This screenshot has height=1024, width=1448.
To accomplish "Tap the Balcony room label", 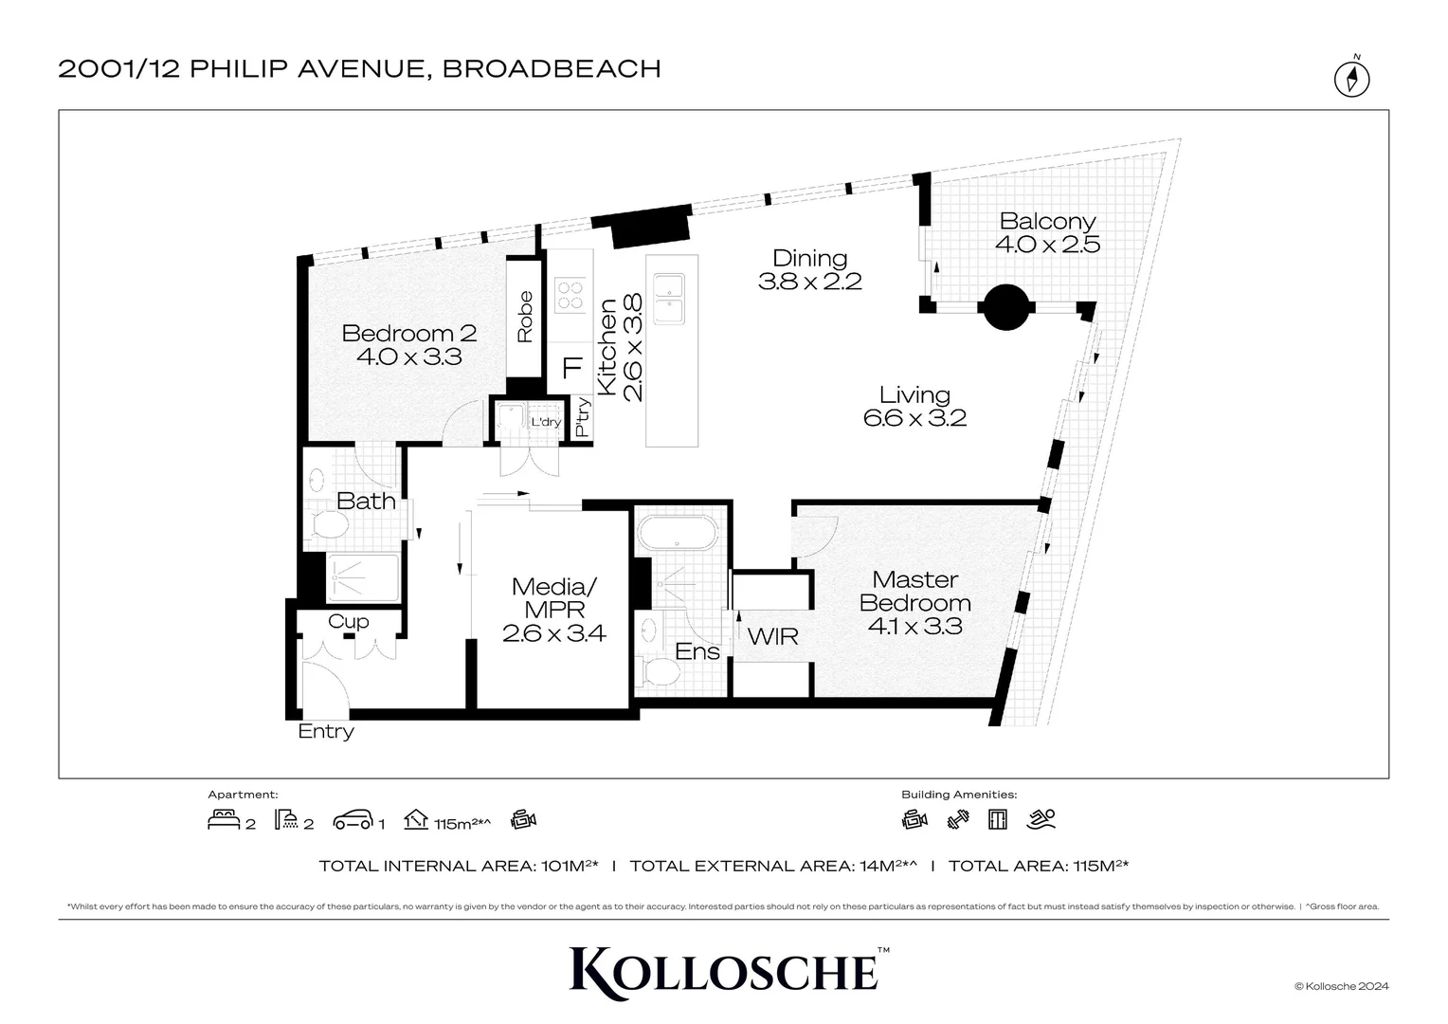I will [x=1047, y=232].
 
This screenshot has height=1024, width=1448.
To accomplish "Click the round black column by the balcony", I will [x=1005, y=307].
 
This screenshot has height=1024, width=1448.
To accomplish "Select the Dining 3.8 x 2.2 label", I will [x=809, y=269].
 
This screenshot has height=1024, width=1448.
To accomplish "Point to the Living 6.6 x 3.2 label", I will [x=914, y=406].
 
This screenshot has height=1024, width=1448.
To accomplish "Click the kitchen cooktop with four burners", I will [x=570, y=295].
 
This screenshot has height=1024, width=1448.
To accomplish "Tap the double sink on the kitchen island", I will [x=671, y=298].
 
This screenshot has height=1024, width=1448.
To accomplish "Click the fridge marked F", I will [x=571, y=368].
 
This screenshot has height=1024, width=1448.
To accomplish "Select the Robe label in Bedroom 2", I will [x=524, y=317].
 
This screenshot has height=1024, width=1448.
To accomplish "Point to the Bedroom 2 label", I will [x=408, y=344].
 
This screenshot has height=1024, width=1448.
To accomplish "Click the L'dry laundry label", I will [x=546, y=422].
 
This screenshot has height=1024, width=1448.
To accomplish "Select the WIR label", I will [x=772, y=636].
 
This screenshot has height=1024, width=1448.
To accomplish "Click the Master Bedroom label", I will [x=914, y=602].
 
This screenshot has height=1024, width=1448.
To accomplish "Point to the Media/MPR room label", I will [x=554, y=609].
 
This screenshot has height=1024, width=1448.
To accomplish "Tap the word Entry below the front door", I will [x=325, y=731].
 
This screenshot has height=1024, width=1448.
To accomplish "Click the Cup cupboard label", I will [x=348, y=622].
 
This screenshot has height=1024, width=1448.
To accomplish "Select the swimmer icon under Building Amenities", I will [x=1041, y=819].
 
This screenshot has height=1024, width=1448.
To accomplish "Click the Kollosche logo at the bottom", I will [x=724, y=971].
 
